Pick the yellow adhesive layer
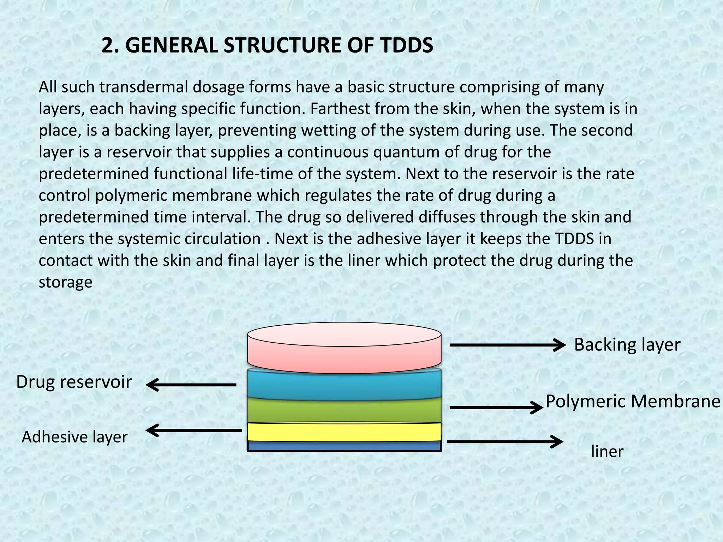(x=344, y=432)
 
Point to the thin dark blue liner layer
(x=344, y=446)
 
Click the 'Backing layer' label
(x=627, y=345)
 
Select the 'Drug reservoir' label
(x=74, y=382)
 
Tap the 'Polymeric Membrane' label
(x=633, y=402)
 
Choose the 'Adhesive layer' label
(x=74, y=437)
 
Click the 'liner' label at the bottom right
(x=607, y=452)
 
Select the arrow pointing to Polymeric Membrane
(x=496, y=408)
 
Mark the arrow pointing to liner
(x=505, y=441)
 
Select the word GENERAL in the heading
(x=171, y=46)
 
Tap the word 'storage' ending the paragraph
(x=65, y=282)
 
